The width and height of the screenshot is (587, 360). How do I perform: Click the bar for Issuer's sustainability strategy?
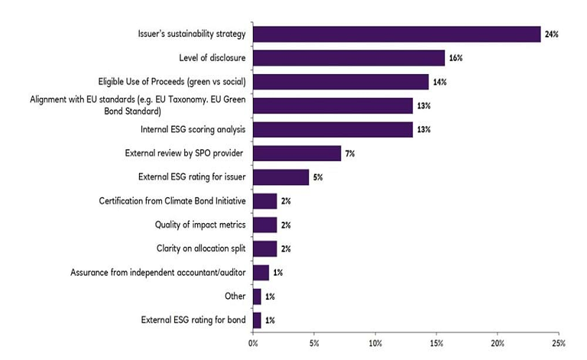pos(397,34)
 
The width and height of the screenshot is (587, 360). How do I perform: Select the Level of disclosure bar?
pos(349,57)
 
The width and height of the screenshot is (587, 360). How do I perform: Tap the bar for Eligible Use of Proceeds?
pos(340,81)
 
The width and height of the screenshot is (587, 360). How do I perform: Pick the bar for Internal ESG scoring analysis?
pos(332,129)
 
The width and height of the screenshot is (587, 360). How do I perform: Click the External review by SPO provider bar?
pos(297,153)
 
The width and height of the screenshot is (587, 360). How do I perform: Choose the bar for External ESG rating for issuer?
pos(281,177)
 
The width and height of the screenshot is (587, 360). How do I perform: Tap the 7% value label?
pos(350,154)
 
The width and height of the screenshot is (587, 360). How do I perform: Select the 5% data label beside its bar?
pos(318,177)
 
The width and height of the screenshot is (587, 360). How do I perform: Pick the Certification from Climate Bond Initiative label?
pos(173,201)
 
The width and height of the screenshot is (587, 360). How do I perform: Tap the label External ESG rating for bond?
pos(195,320)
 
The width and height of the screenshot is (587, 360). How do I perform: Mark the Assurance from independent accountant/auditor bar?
pos(261,272)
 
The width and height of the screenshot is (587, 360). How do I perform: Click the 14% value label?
pos(440,82)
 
